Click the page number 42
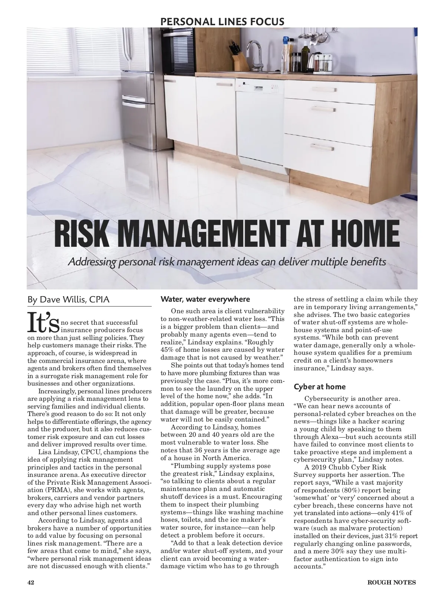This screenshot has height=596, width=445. pyautogui.click(x=31, y=582)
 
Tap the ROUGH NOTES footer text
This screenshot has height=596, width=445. pyautogui.click(x=391, y=582)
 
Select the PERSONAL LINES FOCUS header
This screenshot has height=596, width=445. pyautogui.click(x=222, y=22)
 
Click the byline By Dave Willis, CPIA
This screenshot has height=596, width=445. pyautogui.click(x=69, y=299)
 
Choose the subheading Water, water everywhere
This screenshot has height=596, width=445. pyautogui.click(x=205, y=299)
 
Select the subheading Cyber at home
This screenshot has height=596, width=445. pyautogui.click(x=320, y=387)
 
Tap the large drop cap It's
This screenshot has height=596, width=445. pyautogui.click(x=43, y=322)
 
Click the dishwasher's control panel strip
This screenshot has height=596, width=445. pyautogui.click(x=260, y=85)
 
